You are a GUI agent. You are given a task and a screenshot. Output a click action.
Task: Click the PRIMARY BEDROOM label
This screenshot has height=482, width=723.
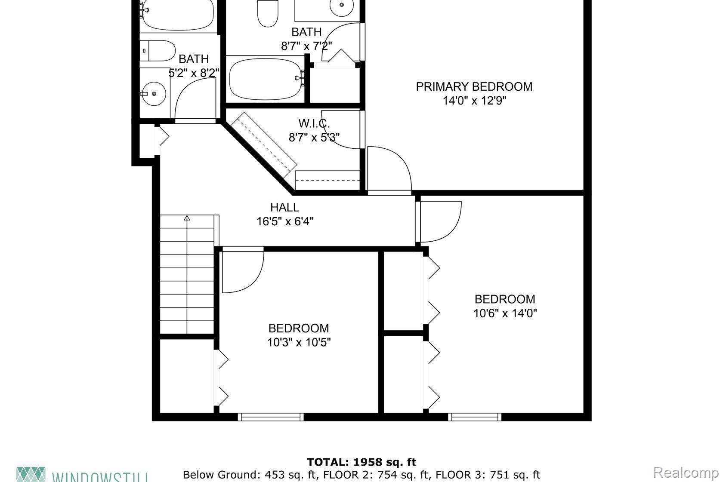pos(474,86)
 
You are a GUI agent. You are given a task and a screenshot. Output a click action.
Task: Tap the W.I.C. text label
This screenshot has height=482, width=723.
pos(314,123)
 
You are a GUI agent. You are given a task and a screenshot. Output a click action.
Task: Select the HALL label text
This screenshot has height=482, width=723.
pos(284,207)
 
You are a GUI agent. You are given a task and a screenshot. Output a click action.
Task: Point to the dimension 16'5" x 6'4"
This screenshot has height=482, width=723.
pos(285,221)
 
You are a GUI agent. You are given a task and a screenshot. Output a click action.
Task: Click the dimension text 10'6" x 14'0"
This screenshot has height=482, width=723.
pos(505,313)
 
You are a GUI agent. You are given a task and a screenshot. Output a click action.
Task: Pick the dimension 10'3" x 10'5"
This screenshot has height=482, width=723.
pos(299,342)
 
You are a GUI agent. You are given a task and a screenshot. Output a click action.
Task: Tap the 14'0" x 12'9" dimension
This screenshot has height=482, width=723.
pos(474,101)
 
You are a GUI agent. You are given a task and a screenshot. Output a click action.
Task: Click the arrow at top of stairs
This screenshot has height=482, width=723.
pos(187,218)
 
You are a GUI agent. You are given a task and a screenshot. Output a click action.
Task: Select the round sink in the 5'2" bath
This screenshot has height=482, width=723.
pos(154,93)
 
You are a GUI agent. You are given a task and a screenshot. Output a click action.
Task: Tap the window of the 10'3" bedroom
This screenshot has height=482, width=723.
pos(271,416)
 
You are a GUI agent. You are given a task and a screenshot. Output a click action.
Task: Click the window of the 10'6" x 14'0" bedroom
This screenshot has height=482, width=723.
pos(474,416)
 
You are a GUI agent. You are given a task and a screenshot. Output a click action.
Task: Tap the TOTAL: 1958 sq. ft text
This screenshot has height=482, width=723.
pos(361,462)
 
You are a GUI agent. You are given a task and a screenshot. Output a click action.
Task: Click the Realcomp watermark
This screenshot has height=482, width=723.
pos(687,473)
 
